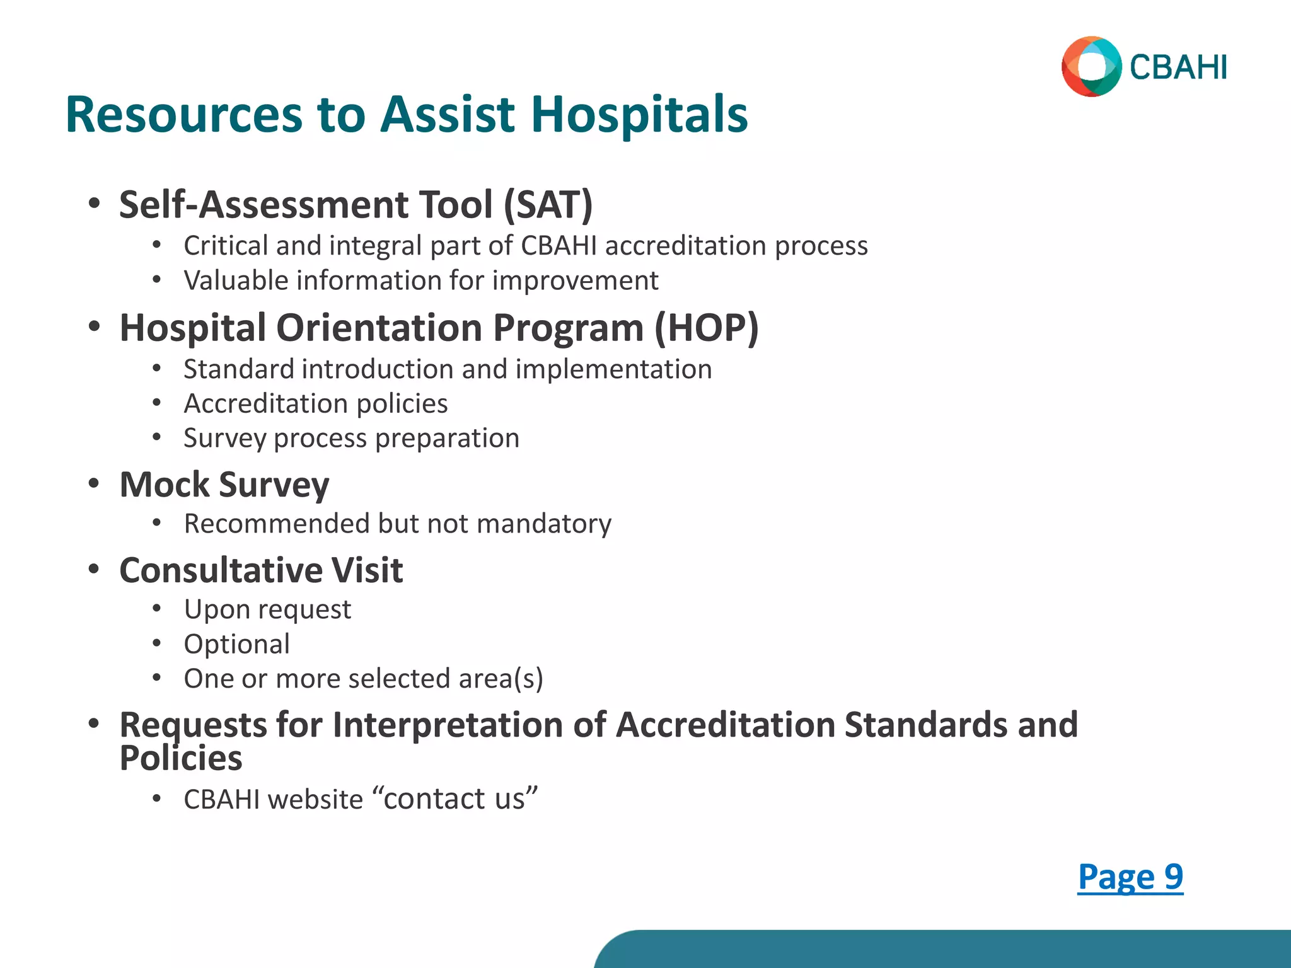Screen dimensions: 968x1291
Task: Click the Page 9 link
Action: tap(1130, 877)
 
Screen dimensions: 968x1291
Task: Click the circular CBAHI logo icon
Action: tap(1091, 67)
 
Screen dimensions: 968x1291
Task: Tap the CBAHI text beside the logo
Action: tap(1178, 68)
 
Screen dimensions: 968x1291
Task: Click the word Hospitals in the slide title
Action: tap(639, 115)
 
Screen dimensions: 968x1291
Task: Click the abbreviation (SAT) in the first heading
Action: tap(548, 205)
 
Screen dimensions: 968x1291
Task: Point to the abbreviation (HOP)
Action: tap(706, 328)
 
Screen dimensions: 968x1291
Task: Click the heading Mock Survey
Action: tap(224, 485)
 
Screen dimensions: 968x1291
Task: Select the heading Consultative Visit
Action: tap(261, 570)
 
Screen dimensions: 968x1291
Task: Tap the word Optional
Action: tap(236, 644)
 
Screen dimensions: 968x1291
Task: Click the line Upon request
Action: tap(267, 609)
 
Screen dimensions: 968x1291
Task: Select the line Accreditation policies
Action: tap(315, 403)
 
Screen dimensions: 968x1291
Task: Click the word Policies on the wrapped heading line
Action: tap(181, 758)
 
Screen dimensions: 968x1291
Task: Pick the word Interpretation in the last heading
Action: tap(448, 725)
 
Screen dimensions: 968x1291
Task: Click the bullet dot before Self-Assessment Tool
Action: tap(94, 204)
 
